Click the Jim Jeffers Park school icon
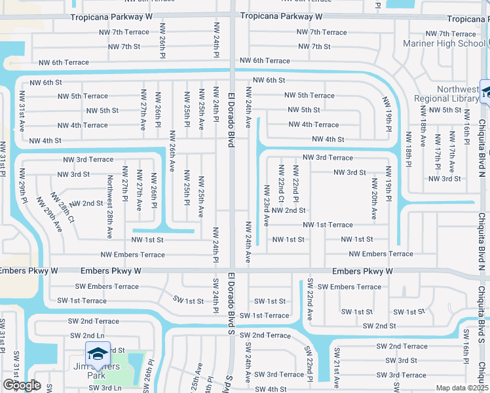pyautogui.click(x=98, y=354)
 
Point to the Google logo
pyautogui.click(x=22, y=385)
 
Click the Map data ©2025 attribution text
pyautogui.click(x=462, y=388)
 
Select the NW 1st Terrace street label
pyautogui.click(x=328, y=225)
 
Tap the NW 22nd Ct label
pyautogui.click(x=281, y=189)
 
